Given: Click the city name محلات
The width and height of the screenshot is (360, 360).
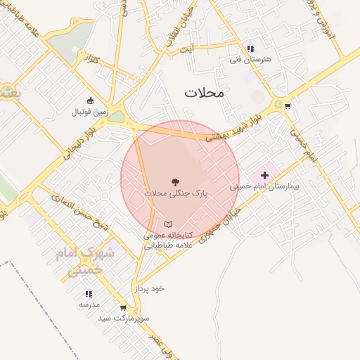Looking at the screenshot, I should point(203,92).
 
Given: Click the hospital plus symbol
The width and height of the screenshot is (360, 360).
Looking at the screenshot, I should point(264,174).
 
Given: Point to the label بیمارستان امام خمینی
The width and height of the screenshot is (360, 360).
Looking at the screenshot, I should point(264,188).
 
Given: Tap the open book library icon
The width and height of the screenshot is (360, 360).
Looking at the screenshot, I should point(167,224).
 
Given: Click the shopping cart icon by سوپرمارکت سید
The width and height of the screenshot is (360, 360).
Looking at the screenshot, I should point(124,307).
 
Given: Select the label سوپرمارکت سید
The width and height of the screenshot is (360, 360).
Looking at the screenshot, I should point(124,319).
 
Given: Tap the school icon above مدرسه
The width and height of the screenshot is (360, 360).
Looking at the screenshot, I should point(89,294).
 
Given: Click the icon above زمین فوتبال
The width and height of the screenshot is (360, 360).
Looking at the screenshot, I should point(89,101).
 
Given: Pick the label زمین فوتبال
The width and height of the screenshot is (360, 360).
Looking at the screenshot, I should point(89,112).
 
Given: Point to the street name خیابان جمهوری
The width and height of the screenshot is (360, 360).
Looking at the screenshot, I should point(222,224).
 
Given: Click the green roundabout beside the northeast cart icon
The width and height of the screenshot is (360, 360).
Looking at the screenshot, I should point(278,105).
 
